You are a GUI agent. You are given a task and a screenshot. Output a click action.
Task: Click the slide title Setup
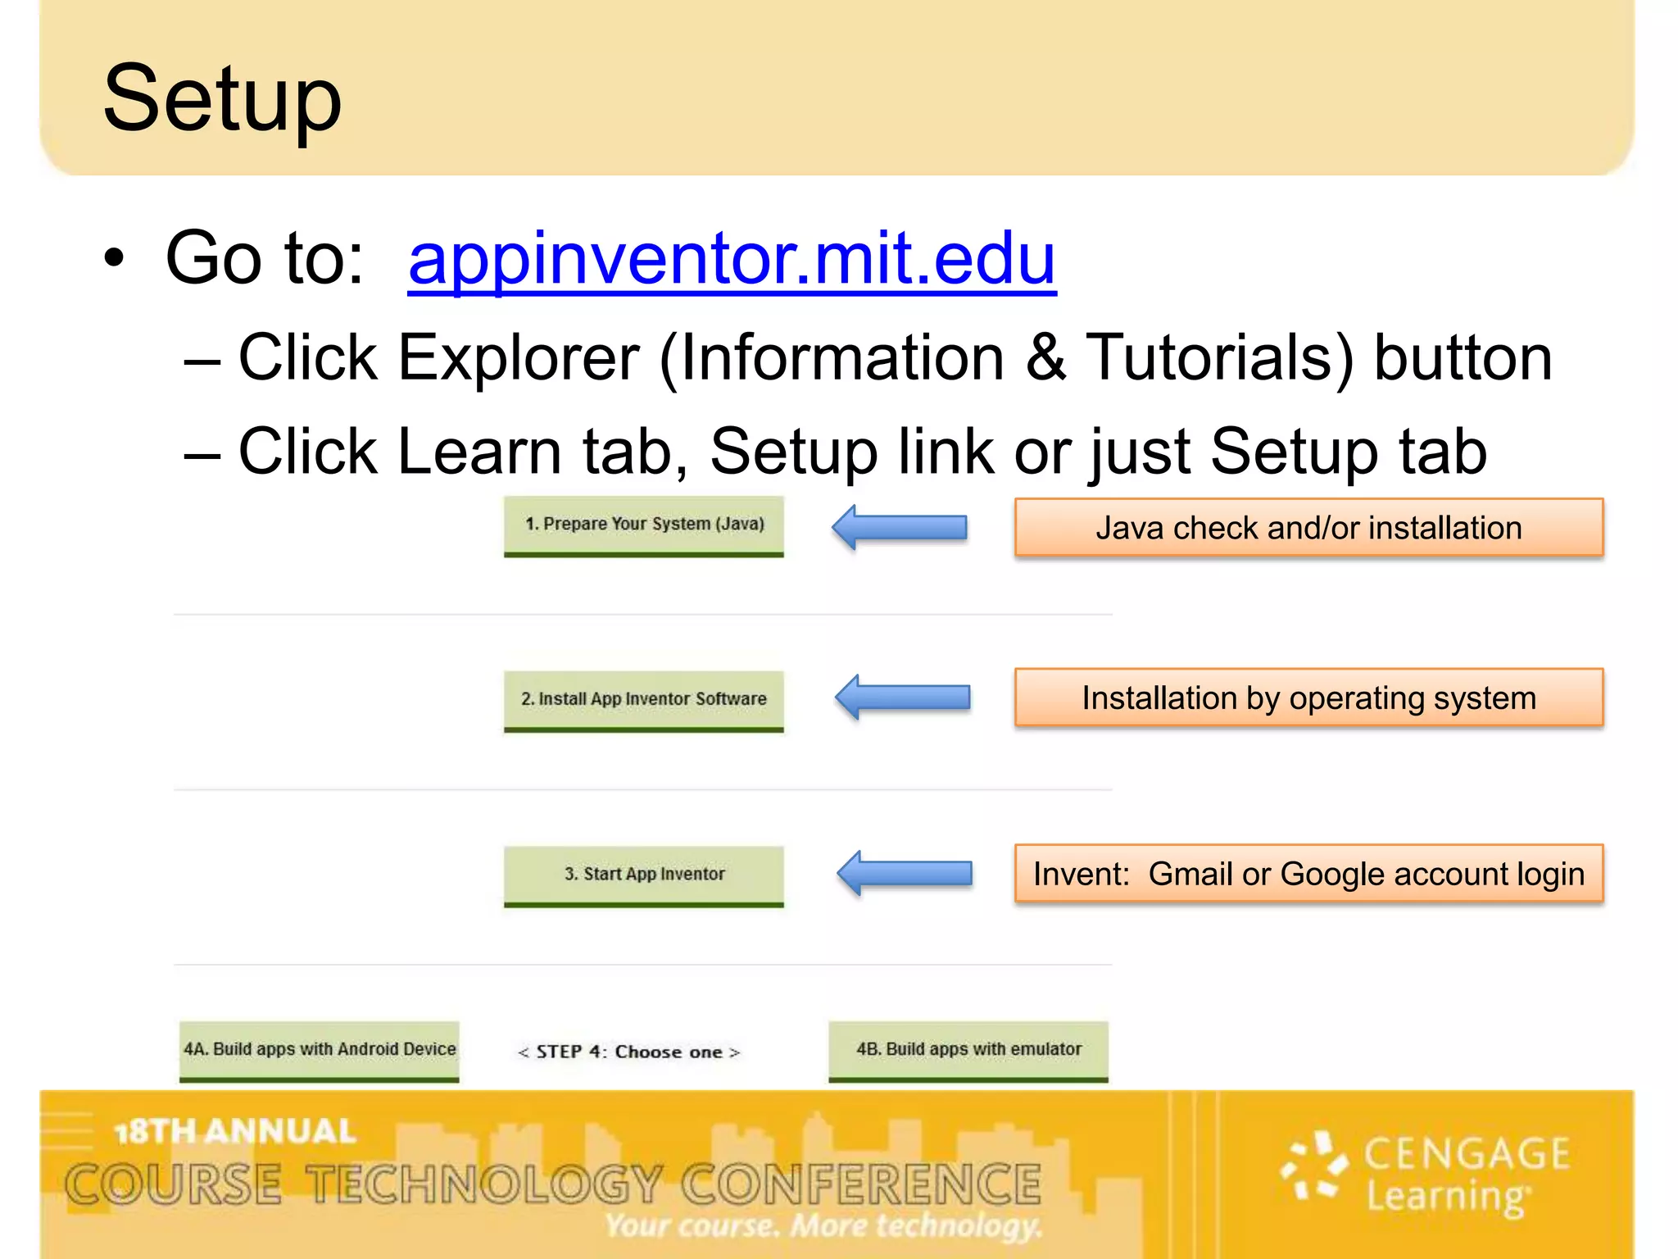coord(222,99)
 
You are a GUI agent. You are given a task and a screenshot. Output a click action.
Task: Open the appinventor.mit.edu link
coord(732,259)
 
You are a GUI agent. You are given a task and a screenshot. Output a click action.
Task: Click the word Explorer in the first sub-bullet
coord(518,358)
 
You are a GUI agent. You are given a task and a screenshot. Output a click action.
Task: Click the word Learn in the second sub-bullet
coord(479,452)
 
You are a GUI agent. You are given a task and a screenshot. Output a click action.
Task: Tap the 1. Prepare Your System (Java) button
coord(644,525)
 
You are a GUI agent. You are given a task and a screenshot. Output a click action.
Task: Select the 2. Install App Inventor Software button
coord(644,700)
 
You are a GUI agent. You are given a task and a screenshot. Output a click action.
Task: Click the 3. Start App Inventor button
coord(644,875)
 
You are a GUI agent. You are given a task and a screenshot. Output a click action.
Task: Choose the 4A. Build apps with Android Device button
coord(320,1050)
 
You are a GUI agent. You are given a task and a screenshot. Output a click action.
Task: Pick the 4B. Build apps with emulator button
coord(968,1050)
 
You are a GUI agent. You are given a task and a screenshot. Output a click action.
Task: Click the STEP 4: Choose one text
coord(629,1052)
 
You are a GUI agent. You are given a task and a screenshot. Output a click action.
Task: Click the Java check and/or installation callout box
coord(1308,529)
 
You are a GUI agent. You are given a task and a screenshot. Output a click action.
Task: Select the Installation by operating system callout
coord(1308,698)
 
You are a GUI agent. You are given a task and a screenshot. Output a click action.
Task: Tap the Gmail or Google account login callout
coord(1308,875)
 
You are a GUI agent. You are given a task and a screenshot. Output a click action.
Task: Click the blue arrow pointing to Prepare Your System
coord(900,527)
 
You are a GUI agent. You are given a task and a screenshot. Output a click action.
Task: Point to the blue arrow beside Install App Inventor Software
coord(903,698)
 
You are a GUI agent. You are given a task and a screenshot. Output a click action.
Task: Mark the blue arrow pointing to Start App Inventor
coord(905,873)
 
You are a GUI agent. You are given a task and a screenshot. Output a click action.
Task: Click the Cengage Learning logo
coord(1426,1175)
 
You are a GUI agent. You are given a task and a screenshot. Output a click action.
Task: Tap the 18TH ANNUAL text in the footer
coord(235,1132)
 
